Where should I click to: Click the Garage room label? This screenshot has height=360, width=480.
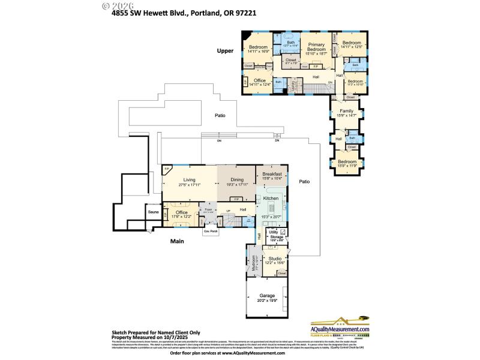pyautogui.click(x=267, y=296)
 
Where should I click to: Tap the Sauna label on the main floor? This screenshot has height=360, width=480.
pyautogui.click(x=153, y=212)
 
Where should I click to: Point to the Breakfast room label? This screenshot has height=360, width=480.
pyautogui.click(x=272, y=174)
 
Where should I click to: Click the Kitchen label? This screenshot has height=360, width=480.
pyautogui.click(x=271, y=198)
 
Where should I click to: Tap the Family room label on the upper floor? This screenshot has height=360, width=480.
pyautogui.click(x=347, y=111)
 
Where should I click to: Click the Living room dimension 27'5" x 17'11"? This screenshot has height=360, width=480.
pyautogui.click(x=190, y=185)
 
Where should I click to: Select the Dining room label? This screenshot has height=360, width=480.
pyautogui.click(x=237, y=179)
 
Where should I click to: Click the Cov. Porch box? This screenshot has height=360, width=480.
pyautogui.click(x=210, y=231)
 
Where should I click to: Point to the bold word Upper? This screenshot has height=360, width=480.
pyautogui.click(x=225, y=52)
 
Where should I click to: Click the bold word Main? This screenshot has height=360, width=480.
pyautogui.click(x=176, y=241)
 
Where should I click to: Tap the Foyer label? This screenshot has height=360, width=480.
pyautogui.click(x=209, y=209)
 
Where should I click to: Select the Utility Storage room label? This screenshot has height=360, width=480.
pyautogui.click(x=276, y=236)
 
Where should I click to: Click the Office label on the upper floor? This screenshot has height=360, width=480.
pyautogui.click(x=259, y=80)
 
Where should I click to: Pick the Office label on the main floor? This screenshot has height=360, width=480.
pyautogui.click(x=181, y=212)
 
